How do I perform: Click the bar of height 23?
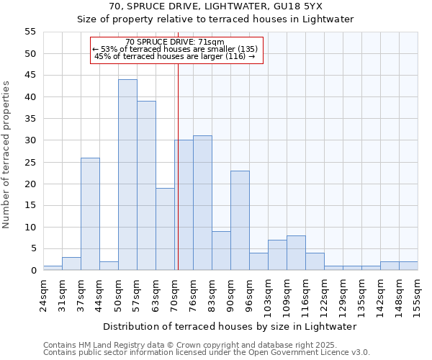tap(240, 220)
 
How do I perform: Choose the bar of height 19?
tap(165, 229)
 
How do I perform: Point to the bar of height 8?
tap(296, 253)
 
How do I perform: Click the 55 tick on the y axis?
tap(30, 32)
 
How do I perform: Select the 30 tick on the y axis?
tap(30, 140)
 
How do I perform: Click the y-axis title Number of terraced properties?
tap(7, 155)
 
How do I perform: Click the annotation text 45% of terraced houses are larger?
tap(175, 56)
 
